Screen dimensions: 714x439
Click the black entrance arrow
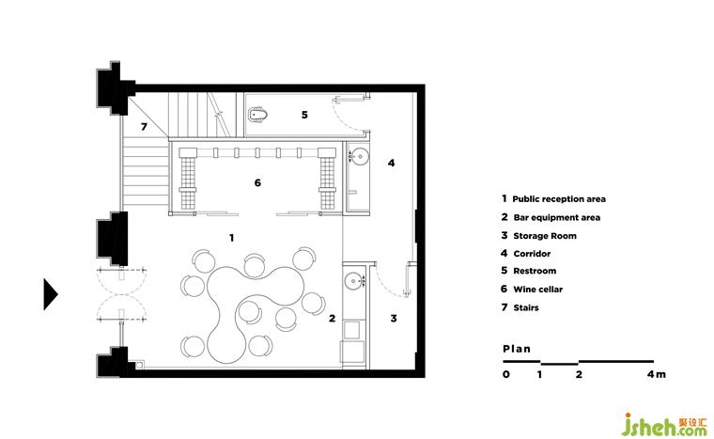pyautogui.click(x=50, y=294)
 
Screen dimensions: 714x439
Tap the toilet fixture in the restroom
pyautogui.click(x=257, y=115)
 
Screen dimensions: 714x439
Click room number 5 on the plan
pyautogui.click(x=304, y=115)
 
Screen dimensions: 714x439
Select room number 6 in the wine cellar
pyautogui.click(x=257, y=182)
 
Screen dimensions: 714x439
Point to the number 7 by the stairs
pyautogui.click(x=144, y=126)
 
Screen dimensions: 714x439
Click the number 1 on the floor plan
pyautogui.click(x=232, y=238)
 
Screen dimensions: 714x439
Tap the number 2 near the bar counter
pyautogui.click(x=332, y=318)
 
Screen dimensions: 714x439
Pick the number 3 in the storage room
pyautogui.click(x=394, y=318)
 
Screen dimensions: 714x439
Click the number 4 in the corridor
pyautogui.click(x=391, y=163)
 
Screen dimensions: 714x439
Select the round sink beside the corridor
pyautogui.click(x=360, y=156)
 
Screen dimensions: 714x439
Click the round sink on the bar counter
pyautogui.click(x=352, y=281)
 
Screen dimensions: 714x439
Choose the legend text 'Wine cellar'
pyautogui.click(x=537, y=290)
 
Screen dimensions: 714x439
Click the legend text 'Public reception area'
pyautogui.click(x=559, y=199)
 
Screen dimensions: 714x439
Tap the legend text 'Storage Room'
pyautogui.click(x=545, y=236)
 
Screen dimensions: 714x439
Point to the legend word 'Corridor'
pyautogui.click(x=532, y=254)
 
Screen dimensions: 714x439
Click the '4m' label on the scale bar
pyautogui.click(x=656, y=374)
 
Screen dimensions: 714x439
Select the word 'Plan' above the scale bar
pyautogui.click(x=517, y=349)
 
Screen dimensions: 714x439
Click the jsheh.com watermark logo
pyautogui.click(x=664, y=425)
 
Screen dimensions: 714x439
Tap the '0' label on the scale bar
pyautogui.click(x=506, y=374)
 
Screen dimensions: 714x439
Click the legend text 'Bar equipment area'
pyautogui.click(x=557, y=217)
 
